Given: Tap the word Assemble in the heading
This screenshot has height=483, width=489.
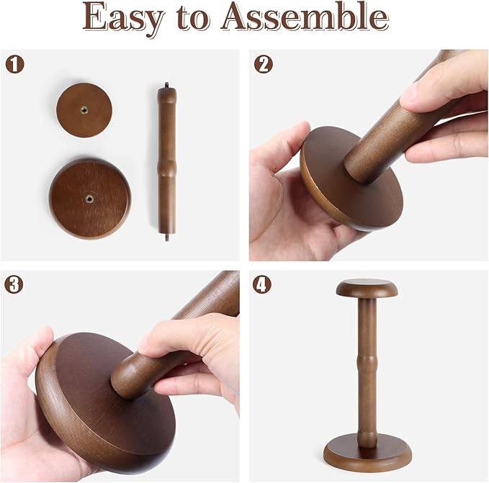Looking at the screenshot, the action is coord(305,16).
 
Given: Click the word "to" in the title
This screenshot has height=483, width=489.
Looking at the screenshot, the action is coord(192,18).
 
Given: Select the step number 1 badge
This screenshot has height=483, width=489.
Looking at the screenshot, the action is coord(14,64).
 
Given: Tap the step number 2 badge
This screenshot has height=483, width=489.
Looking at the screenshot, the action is coord(263,64).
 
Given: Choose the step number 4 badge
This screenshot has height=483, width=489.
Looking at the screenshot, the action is coord(262,284).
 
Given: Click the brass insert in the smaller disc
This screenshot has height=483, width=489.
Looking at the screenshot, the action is coord(84,109).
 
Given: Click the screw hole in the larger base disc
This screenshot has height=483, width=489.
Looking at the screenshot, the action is coord(90,198).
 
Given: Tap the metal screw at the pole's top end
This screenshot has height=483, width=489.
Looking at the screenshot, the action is coord(167,85).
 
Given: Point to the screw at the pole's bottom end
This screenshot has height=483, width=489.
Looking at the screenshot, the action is coord(167,237).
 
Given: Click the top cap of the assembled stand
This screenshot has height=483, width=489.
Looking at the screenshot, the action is coord(367,289).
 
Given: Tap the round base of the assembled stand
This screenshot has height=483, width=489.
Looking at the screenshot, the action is coord(367,452).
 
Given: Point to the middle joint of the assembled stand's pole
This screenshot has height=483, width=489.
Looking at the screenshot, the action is coord(367,364).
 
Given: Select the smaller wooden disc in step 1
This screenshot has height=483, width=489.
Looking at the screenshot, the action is coord(84,110).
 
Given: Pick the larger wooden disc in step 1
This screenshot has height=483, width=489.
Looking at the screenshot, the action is coord(90,199).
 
